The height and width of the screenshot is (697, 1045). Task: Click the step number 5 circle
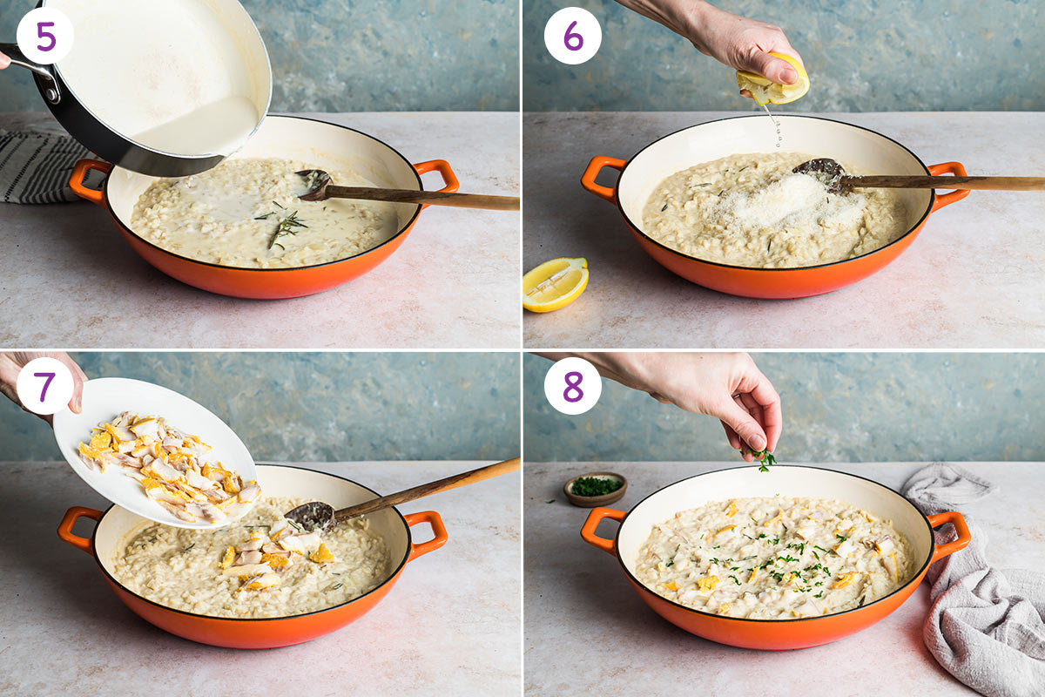[x=44, y=35]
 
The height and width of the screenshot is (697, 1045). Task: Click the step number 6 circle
[x=572, y=35]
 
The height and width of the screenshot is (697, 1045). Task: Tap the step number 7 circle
[x=44, y=385]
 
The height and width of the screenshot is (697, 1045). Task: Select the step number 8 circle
[x=572, y=385]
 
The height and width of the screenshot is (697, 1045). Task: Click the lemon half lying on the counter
[x=555, y=284]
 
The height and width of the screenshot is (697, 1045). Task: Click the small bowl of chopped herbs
[x=595, y=488]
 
